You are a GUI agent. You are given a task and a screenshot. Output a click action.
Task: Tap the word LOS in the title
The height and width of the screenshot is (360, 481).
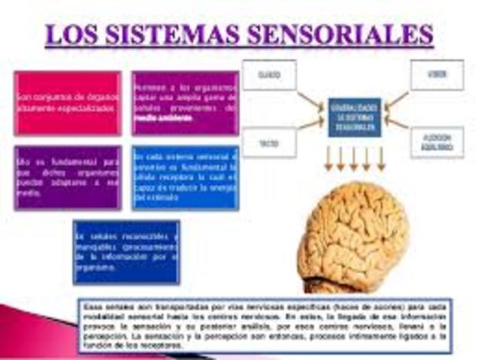click(x=74, y=35)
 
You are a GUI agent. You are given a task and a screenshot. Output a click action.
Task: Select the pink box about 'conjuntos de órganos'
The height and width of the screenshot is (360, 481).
click(x=67, y=103)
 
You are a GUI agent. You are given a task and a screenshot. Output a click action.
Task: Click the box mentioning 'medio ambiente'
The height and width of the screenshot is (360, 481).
click(x=185, y=103)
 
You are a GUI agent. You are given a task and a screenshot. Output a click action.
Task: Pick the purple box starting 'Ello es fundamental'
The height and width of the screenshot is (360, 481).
click(x=67, y=177)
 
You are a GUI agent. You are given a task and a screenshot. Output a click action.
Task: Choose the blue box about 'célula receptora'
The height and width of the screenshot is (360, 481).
click(x=185, y=177)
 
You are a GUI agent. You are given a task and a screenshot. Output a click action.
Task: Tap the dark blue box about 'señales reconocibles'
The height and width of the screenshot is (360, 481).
click(x=126, y=252)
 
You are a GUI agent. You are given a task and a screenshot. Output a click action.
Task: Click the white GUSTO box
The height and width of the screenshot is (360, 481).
click(x=268, y=75)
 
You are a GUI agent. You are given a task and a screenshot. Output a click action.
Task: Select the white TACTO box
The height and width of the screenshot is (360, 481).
click(x=268, y=142)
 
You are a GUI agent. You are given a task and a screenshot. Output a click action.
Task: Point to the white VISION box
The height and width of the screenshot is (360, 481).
click(x=437, y=75)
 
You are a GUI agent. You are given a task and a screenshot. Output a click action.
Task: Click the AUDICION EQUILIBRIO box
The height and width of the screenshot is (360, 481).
click(x=437, y=142)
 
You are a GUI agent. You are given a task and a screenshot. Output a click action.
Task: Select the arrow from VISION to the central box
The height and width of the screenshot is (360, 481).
click(x=396, y=100)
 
